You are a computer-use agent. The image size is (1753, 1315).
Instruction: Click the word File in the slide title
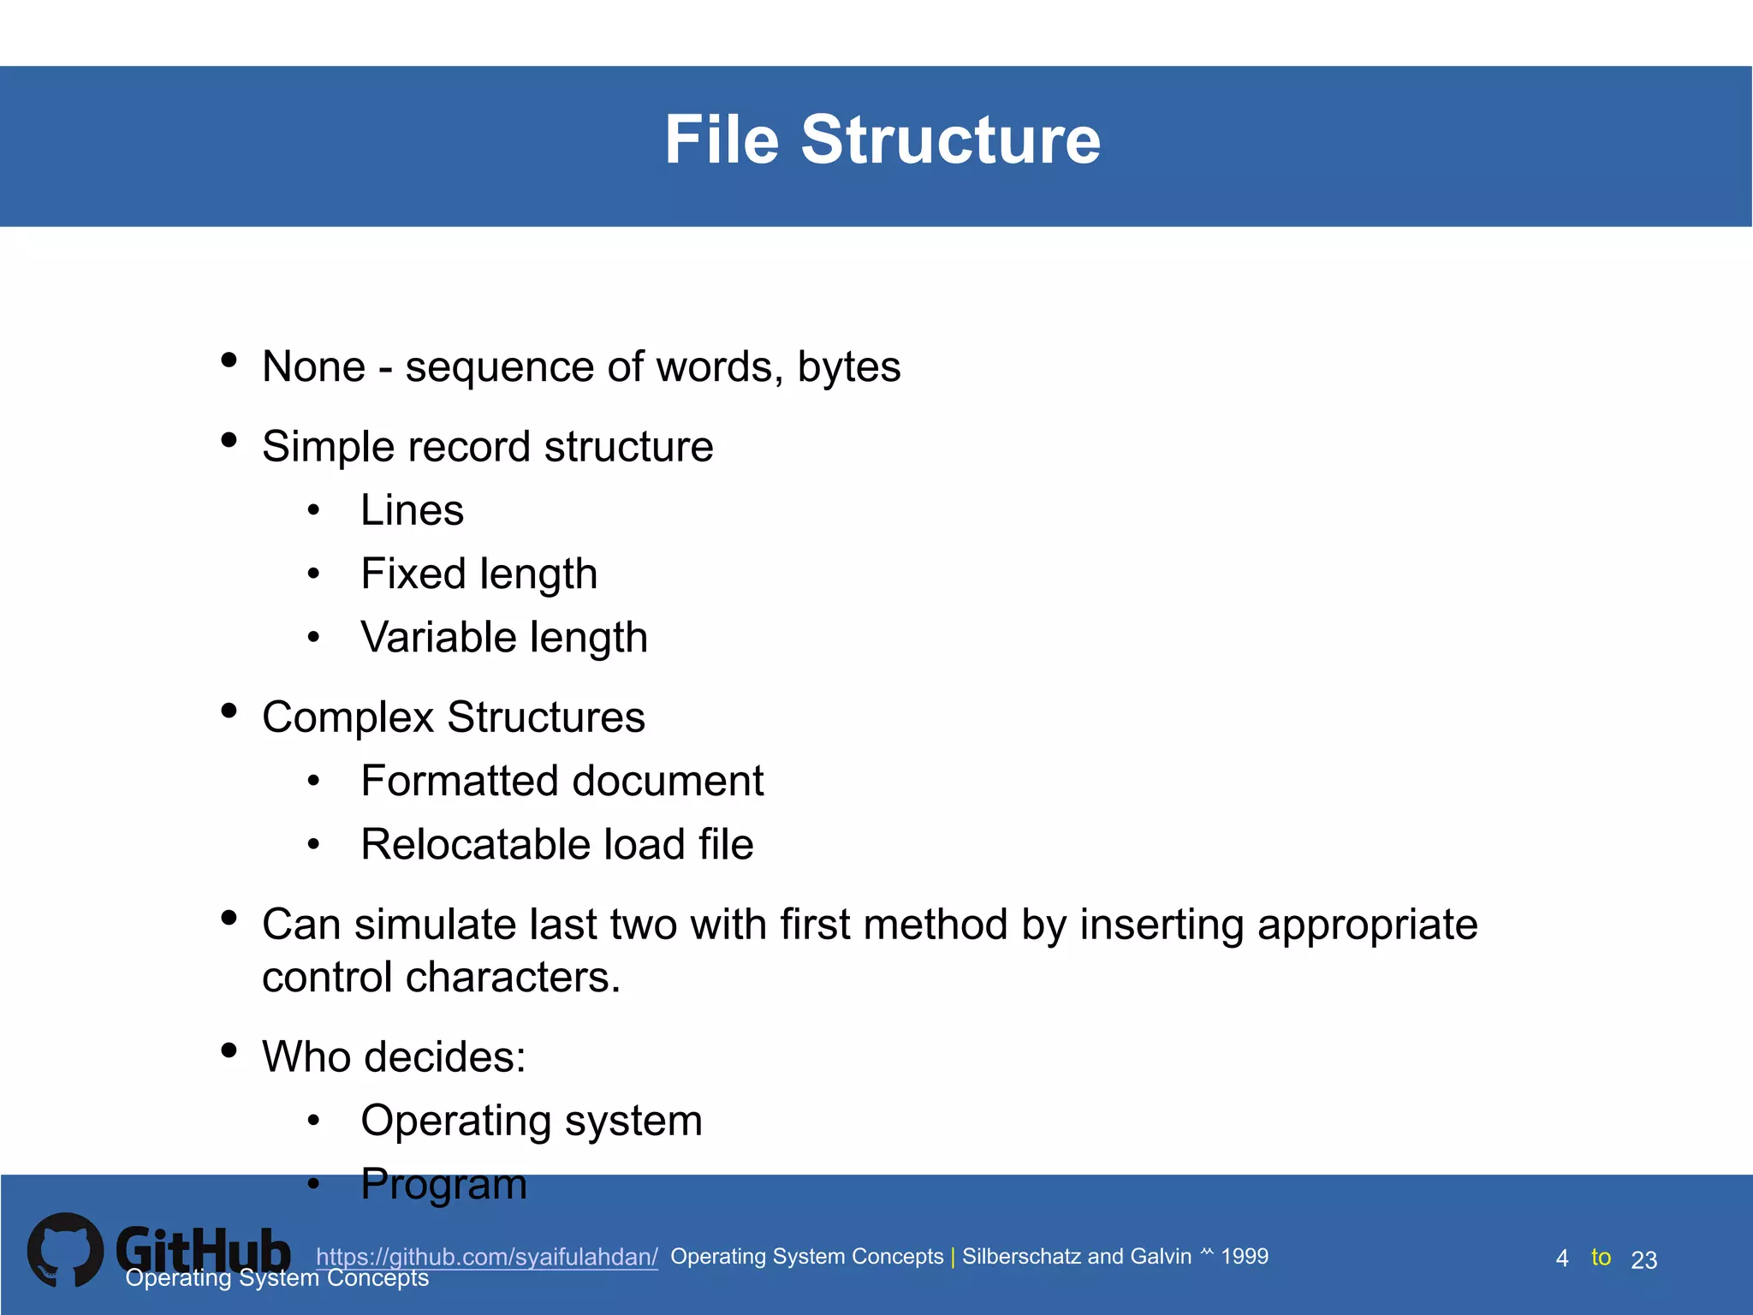(722, 140)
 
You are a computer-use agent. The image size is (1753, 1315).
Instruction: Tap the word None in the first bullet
(313, 366)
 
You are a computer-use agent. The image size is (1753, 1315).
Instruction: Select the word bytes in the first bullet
(848, 368)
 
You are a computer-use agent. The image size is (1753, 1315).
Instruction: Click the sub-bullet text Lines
(412, 510)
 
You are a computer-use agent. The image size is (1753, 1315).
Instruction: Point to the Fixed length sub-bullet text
(478, 574)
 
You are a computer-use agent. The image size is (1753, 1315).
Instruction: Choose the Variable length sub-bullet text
(503, 638)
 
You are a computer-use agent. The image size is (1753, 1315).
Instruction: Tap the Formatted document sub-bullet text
(562, 781)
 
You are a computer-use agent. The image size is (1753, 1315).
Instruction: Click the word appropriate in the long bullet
(1367, 925)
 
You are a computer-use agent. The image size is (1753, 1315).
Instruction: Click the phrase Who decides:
(394, 1056)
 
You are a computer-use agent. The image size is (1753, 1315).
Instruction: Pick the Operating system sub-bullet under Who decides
(531, 1121)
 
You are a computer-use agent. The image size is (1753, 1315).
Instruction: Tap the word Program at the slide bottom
(443, 1185)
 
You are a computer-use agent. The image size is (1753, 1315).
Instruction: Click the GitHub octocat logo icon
(65, 1250)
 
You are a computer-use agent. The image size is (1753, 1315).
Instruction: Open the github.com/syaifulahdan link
(486, 1257)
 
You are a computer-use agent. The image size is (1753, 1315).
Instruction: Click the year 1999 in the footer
(1244, 1256)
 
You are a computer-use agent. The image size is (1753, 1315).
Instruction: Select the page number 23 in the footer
(1643, 1260)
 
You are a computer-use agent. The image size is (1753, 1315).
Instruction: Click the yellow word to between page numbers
(1601, 1257)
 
